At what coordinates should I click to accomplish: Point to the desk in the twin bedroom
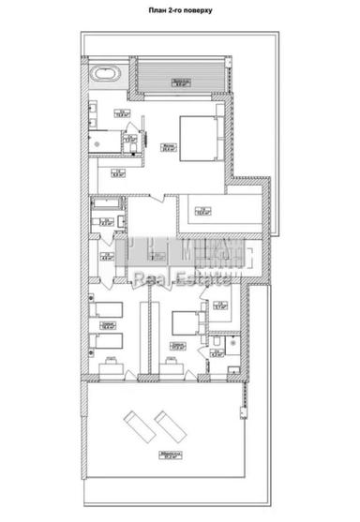[x=110, y=368]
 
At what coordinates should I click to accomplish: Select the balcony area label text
[x=179, y=83]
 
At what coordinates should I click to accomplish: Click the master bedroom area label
[x=167, y=146]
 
